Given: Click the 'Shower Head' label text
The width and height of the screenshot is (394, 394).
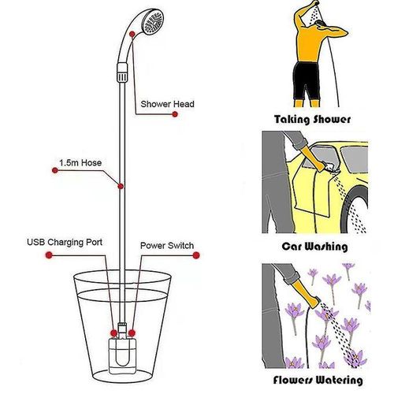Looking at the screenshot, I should coord(167,104).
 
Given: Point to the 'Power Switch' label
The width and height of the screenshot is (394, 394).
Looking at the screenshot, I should coord(167,245).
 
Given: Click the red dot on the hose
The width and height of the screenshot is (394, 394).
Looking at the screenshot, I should coord(120,187).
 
